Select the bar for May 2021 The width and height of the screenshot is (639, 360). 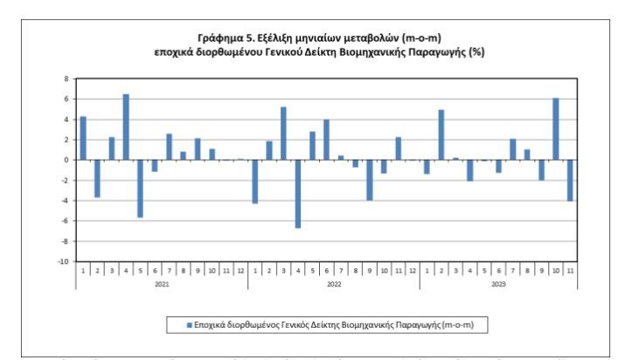(x=140, y=189)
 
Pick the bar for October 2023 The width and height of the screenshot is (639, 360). (x=555, y=128)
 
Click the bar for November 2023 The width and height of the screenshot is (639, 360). (x=570, y=181)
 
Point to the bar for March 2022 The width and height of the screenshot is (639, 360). (x=283, y=133)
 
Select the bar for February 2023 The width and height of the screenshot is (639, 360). (x=441, y=135)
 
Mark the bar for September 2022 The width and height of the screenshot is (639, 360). (x=369, y=180)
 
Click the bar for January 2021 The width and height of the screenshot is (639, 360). (x=83, y=138)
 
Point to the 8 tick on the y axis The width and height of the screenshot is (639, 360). (x=66, y=79)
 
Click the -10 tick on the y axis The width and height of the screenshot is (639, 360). (x=63, y=261)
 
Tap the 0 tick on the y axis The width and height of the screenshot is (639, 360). (x=66, y=160)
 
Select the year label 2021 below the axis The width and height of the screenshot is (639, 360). (x=162, y=284)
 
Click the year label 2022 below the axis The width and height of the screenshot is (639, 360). (x=333, y=284)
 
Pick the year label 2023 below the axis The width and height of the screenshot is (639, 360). (x=498, y=284)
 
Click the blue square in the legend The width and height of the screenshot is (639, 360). (x=188, y=325)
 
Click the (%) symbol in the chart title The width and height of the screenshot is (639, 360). (x=476, y=52)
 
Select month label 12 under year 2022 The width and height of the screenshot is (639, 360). (x=413, y=270)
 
